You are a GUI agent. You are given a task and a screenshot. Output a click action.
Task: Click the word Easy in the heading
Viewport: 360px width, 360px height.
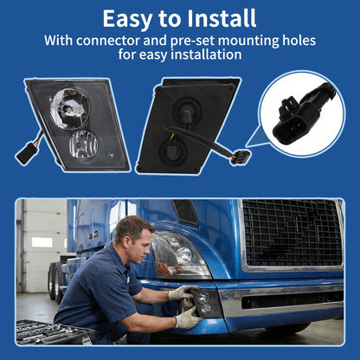pyautogui.click(x=127, y=19)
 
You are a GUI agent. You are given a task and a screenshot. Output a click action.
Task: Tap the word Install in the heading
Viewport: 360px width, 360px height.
pyautogui.click(x=222, y=18)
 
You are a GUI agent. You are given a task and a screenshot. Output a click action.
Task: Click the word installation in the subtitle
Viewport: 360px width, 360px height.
pyautogui.click(x=206, y=55)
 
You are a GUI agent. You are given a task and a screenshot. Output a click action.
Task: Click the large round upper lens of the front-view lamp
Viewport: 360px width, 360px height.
pyautogui.click(x=69, y=109)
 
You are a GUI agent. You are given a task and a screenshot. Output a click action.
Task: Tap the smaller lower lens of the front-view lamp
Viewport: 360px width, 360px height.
pyautogui.click(x=83, y=145)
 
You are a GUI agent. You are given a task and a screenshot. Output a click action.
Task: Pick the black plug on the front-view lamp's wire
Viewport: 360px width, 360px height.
pyautogui.click(x=27, y=152)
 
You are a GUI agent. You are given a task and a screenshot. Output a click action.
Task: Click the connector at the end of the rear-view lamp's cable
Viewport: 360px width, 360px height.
pyautogui.click(x=241, y=157)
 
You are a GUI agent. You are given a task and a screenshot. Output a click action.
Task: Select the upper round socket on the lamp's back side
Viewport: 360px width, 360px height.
pyautogui.click(x=186, y=111)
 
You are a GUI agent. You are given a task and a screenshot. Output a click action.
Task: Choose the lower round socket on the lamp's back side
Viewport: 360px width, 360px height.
pyautogui.click(x=172, y=150)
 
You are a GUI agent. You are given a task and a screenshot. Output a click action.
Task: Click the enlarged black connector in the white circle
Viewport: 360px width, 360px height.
pyautogui.click(x=302, y=115)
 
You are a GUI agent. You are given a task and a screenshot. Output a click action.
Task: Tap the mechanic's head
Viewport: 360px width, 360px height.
pyautogui.click(x=133, y=239)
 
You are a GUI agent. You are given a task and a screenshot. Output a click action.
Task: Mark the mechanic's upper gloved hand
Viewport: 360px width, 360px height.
pyautogui.click(x=182, y=292)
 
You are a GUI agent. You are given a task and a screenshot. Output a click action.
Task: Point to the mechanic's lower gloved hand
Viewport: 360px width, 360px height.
pyautogui.click(x=188, y=318)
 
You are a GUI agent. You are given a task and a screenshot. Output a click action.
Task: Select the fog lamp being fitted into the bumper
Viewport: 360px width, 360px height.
pyautogui.click(x=205, y=303)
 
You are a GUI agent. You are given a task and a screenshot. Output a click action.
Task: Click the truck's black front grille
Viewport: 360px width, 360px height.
pyautogui.click(x=292, y=233)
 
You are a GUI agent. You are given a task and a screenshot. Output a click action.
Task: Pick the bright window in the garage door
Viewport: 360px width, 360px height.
pyautogui.click(x=42, y=242)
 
